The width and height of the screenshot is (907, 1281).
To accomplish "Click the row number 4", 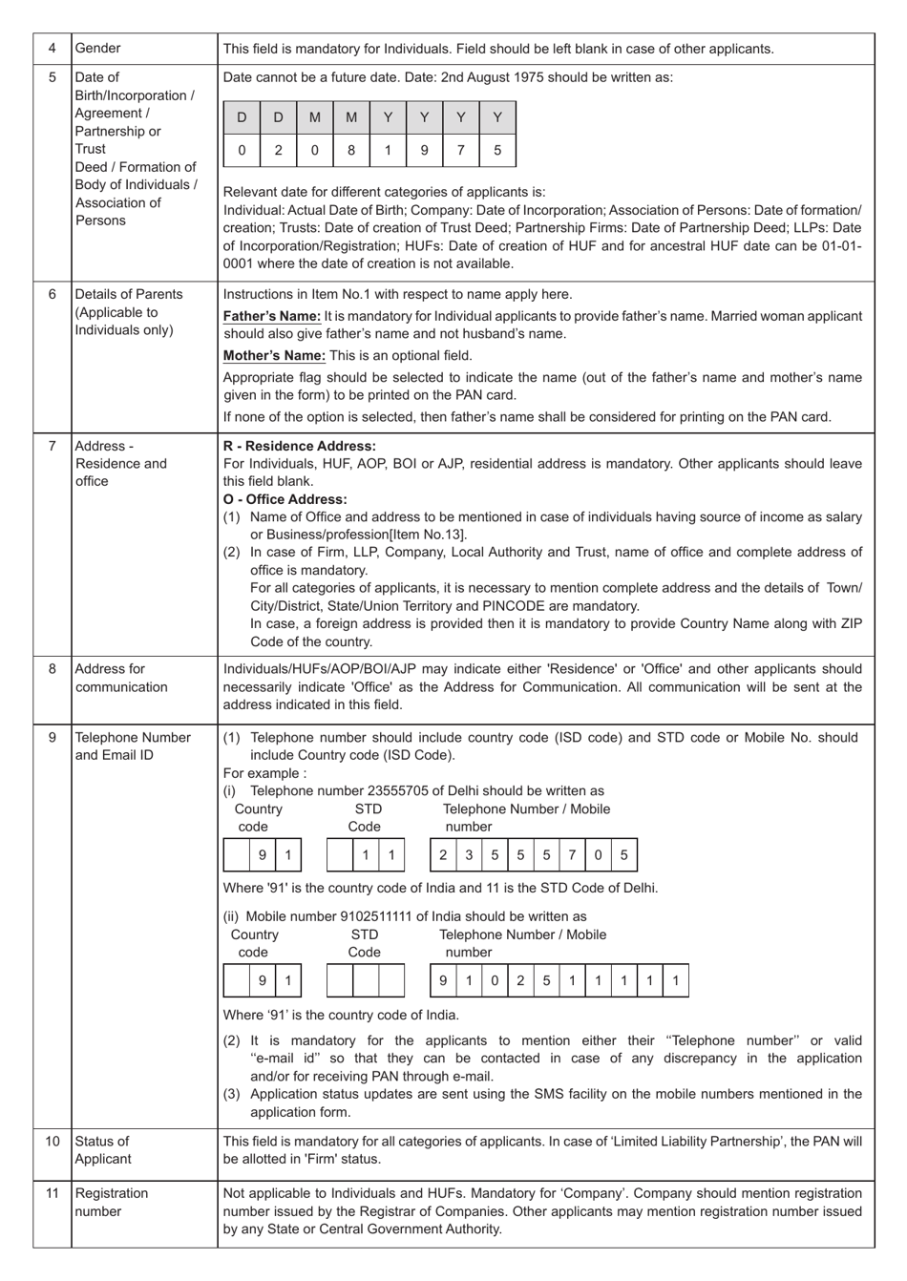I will pos(53,49).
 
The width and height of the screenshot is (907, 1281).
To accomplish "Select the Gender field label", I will pos(98,49).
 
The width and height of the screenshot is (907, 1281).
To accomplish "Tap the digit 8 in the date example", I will pos(351,150).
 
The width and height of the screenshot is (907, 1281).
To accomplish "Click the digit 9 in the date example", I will pos(424,150).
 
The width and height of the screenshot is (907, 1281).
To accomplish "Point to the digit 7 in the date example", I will pos(460,150).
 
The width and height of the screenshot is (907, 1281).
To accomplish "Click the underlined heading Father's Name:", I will pos(272,316).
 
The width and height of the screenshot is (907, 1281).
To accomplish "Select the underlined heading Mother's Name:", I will pos(274,356).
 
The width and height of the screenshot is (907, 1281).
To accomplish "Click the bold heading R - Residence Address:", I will pos(300,446).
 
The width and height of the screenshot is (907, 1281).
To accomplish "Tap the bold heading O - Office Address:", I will pos(285,499).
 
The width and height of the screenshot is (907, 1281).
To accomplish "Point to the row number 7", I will pos(53,446).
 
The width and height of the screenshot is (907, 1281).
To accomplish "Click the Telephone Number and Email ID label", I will pos(133,746).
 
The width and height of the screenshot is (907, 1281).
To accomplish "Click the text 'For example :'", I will pos(264,773).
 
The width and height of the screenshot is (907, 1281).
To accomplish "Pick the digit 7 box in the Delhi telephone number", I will pos(572,855).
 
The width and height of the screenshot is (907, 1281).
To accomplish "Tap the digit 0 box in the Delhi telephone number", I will pos(598,855).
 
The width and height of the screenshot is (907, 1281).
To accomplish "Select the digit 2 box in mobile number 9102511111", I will pos(520,980).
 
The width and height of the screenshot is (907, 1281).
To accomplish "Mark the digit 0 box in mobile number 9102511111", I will pos(495,980).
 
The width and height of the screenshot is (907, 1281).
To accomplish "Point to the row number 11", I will pos(53,1193).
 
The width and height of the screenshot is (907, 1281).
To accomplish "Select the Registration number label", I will pos(112,1203).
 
